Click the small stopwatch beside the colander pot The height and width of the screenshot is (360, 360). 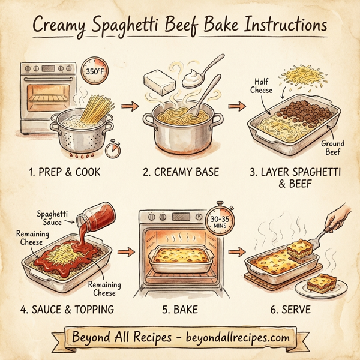pos(112,149)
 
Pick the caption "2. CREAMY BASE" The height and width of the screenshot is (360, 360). pos(181,173)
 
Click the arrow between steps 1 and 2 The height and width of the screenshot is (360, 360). pos(127,106)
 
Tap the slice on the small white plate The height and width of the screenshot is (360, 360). pos(320,282)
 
